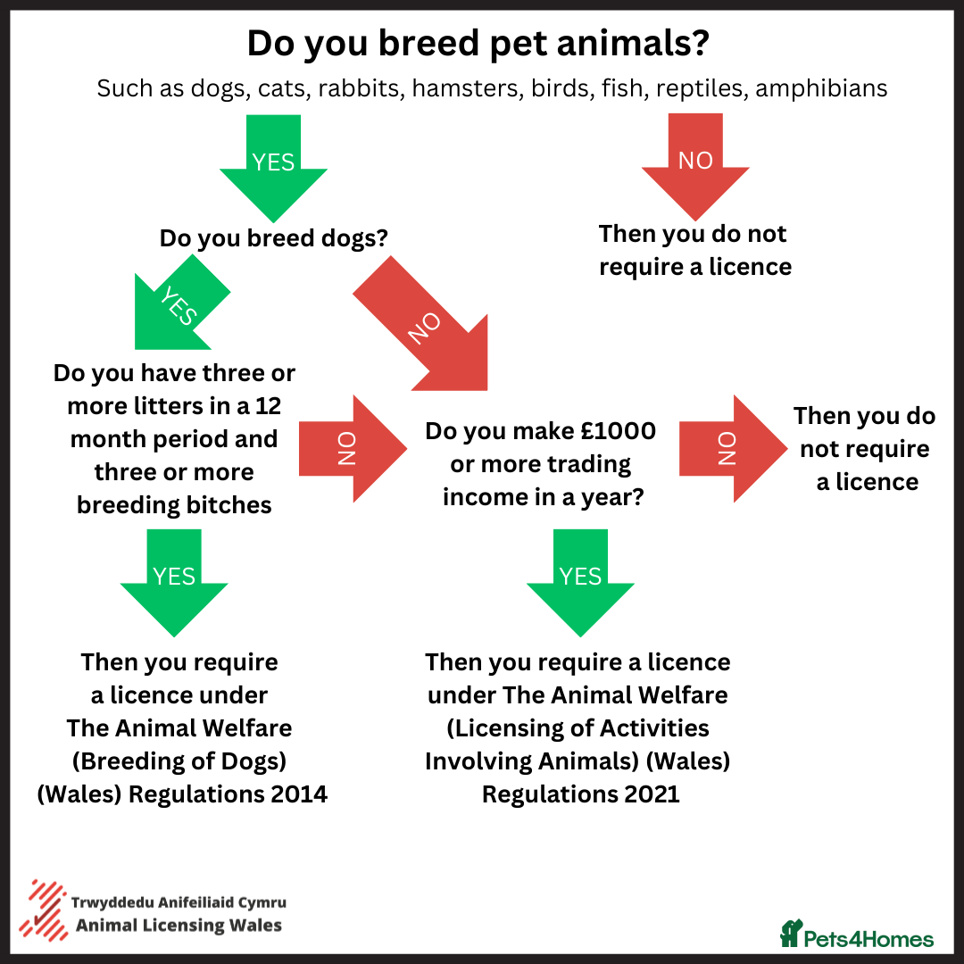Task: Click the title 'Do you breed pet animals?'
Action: (x=478, y=43)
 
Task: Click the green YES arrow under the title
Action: (x=274, y=167)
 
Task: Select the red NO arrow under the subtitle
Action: (x=695, y=166)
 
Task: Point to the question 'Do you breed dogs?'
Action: (x=274, y=238)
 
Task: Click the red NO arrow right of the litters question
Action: (x=353, y=449)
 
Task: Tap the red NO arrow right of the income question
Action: (x=733, y=449)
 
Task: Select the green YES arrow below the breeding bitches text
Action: (x=174, y=582)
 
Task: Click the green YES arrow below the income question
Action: (x=580, y=582)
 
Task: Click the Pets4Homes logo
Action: (x=856, y=934)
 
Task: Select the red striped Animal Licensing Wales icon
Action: (x=43, y=910)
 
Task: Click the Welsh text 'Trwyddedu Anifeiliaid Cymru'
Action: (x=179, y=902)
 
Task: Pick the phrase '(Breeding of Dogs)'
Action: (x=179, y=761)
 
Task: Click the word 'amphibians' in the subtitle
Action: (x=821, y=87)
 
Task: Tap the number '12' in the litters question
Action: (x=268, y=406)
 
